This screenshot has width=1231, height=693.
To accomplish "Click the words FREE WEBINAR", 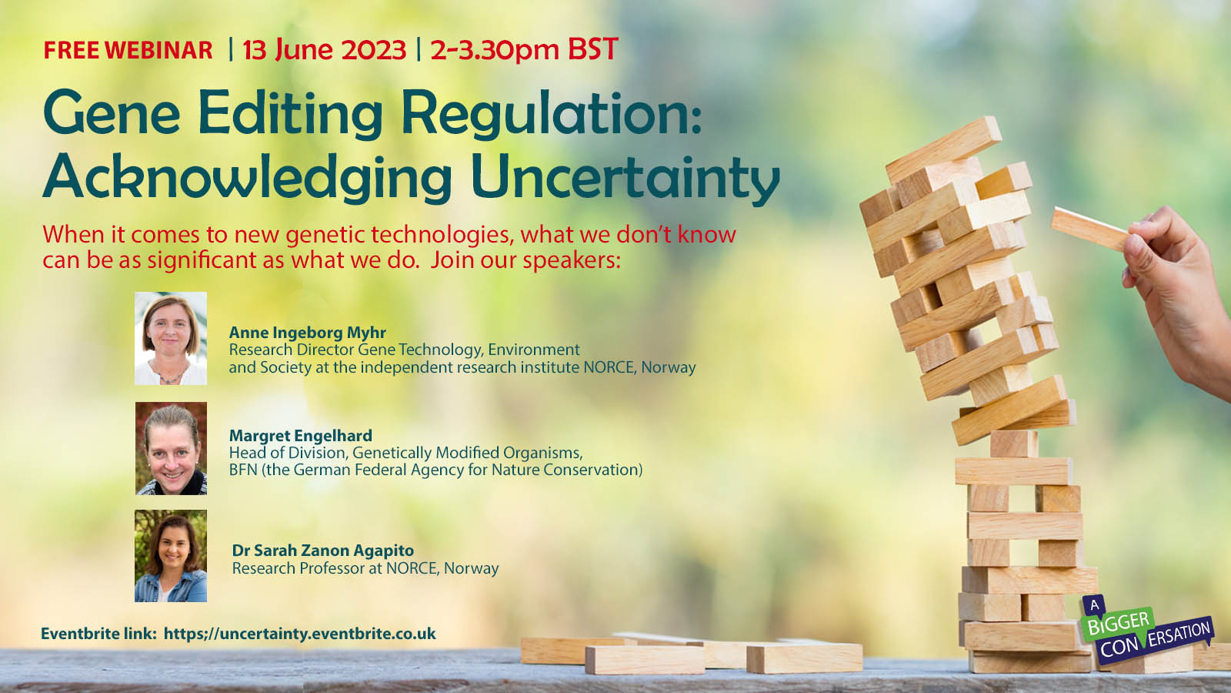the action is tap(128, 50).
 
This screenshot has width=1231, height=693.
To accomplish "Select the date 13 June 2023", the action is tap(324, 49).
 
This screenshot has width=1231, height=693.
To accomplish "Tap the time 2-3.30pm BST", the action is tap(524, 49).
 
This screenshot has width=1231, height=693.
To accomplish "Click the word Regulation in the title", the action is tap(551, 114).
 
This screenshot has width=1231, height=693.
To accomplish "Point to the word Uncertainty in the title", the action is tap(626, 177).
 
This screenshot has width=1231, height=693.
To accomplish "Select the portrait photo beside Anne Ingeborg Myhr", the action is tap(171, 338).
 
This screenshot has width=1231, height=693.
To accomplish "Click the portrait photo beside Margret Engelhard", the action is tap(172, 448).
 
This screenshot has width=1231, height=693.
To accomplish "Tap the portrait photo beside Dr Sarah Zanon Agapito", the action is tap(171, 555).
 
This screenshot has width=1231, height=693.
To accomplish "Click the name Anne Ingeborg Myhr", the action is tap(307, 333).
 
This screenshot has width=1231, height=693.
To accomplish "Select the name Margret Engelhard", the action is tap(301, 436).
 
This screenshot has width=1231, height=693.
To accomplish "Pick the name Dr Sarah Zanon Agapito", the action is tap(323, 550).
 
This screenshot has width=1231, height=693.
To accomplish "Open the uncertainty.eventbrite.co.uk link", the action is tap(299, 634).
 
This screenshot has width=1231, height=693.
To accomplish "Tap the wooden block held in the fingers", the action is tap(1091, 229).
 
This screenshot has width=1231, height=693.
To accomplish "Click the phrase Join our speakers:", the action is tap(525, 260).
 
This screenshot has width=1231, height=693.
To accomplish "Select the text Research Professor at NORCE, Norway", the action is tap(365, 568).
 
